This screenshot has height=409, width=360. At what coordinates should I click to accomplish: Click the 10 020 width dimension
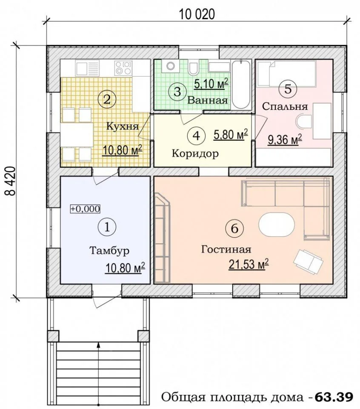click(197, 14)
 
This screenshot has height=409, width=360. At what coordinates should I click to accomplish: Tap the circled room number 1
click(107, 227)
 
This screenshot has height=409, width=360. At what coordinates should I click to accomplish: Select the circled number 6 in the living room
click(235, 228)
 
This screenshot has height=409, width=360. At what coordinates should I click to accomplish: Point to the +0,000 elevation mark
click(85, 209)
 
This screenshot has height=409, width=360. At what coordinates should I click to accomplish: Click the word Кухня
click(123, 127)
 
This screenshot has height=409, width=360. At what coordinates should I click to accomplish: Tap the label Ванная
click(208, 101)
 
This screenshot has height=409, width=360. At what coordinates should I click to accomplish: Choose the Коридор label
click(195, 154)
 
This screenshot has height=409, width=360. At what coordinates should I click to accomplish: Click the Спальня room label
click(285, 107)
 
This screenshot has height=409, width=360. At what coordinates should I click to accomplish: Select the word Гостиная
click(226, 249)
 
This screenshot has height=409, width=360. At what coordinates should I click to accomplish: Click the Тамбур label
click(109, 251)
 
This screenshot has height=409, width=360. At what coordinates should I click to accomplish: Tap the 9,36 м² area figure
click(285, 140)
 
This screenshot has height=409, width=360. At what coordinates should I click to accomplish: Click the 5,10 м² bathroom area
click(211, 84)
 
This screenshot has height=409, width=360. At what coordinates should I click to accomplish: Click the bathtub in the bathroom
click(241, 85)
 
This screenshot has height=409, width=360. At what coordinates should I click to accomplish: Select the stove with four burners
click(123, 68)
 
